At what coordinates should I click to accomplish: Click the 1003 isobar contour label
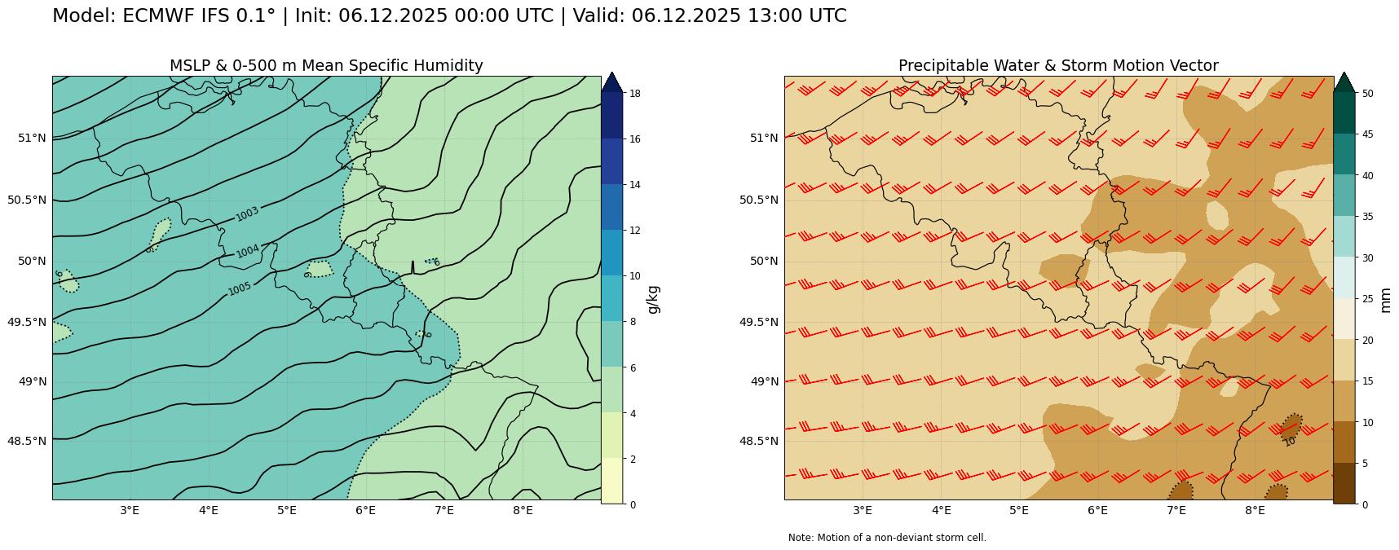(x=247, y=213)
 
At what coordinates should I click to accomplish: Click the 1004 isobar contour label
(x=248, y=251)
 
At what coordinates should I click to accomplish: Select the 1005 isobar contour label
(x=240, y=289)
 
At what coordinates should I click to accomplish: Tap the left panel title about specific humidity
(x=326, y=66)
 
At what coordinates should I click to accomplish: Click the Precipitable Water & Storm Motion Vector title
(x=1058, y=66)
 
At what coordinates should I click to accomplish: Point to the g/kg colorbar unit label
(x=652, y=299)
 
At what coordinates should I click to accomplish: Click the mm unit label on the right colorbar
(x=1386, y=299)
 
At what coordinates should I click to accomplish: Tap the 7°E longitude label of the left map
(x=444, y=512)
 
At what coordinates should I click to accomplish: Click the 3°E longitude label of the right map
(x=863, y=512)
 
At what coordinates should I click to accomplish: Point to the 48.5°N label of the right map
(x=758, y=441)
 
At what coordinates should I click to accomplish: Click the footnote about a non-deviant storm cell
(x=887, y=538)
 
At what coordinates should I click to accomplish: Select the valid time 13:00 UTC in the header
(x=797, y=16)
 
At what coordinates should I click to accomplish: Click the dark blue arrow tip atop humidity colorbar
(x=611, y=81)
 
